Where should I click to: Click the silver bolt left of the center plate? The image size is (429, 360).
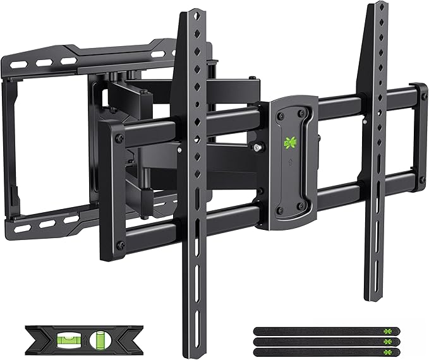tap(258, 147)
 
